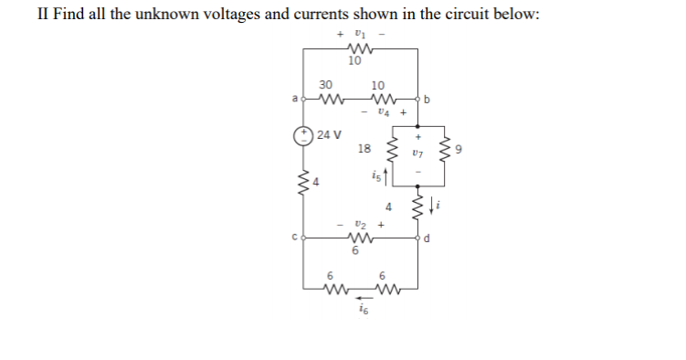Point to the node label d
pos(426,241)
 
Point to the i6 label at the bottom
pos(359,312)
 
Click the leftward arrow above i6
pos(364,298)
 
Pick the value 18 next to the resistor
pos(364,148)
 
